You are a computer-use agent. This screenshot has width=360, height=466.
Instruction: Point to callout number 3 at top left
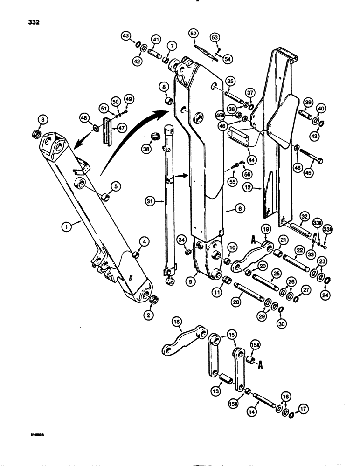tap(42, 121)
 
